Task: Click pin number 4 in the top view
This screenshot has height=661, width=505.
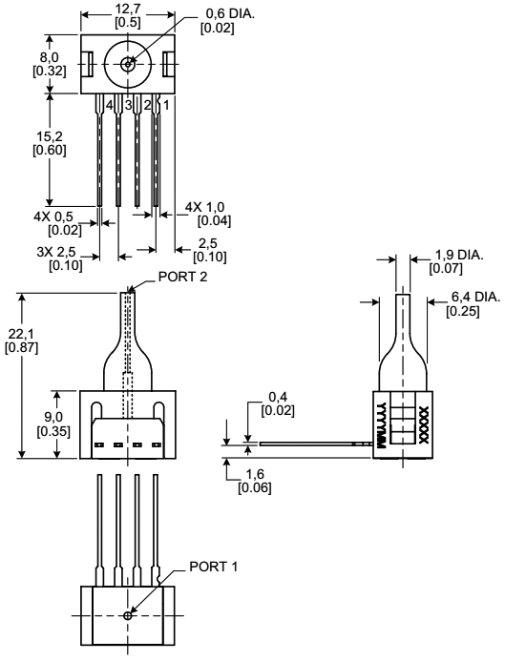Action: (x=110, y=103)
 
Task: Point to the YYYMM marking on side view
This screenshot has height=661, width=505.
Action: (x=381, y=424)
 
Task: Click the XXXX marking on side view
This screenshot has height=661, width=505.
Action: (x=424, y=423)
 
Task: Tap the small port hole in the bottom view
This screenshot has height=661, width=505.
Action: (x=128, y=616)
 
